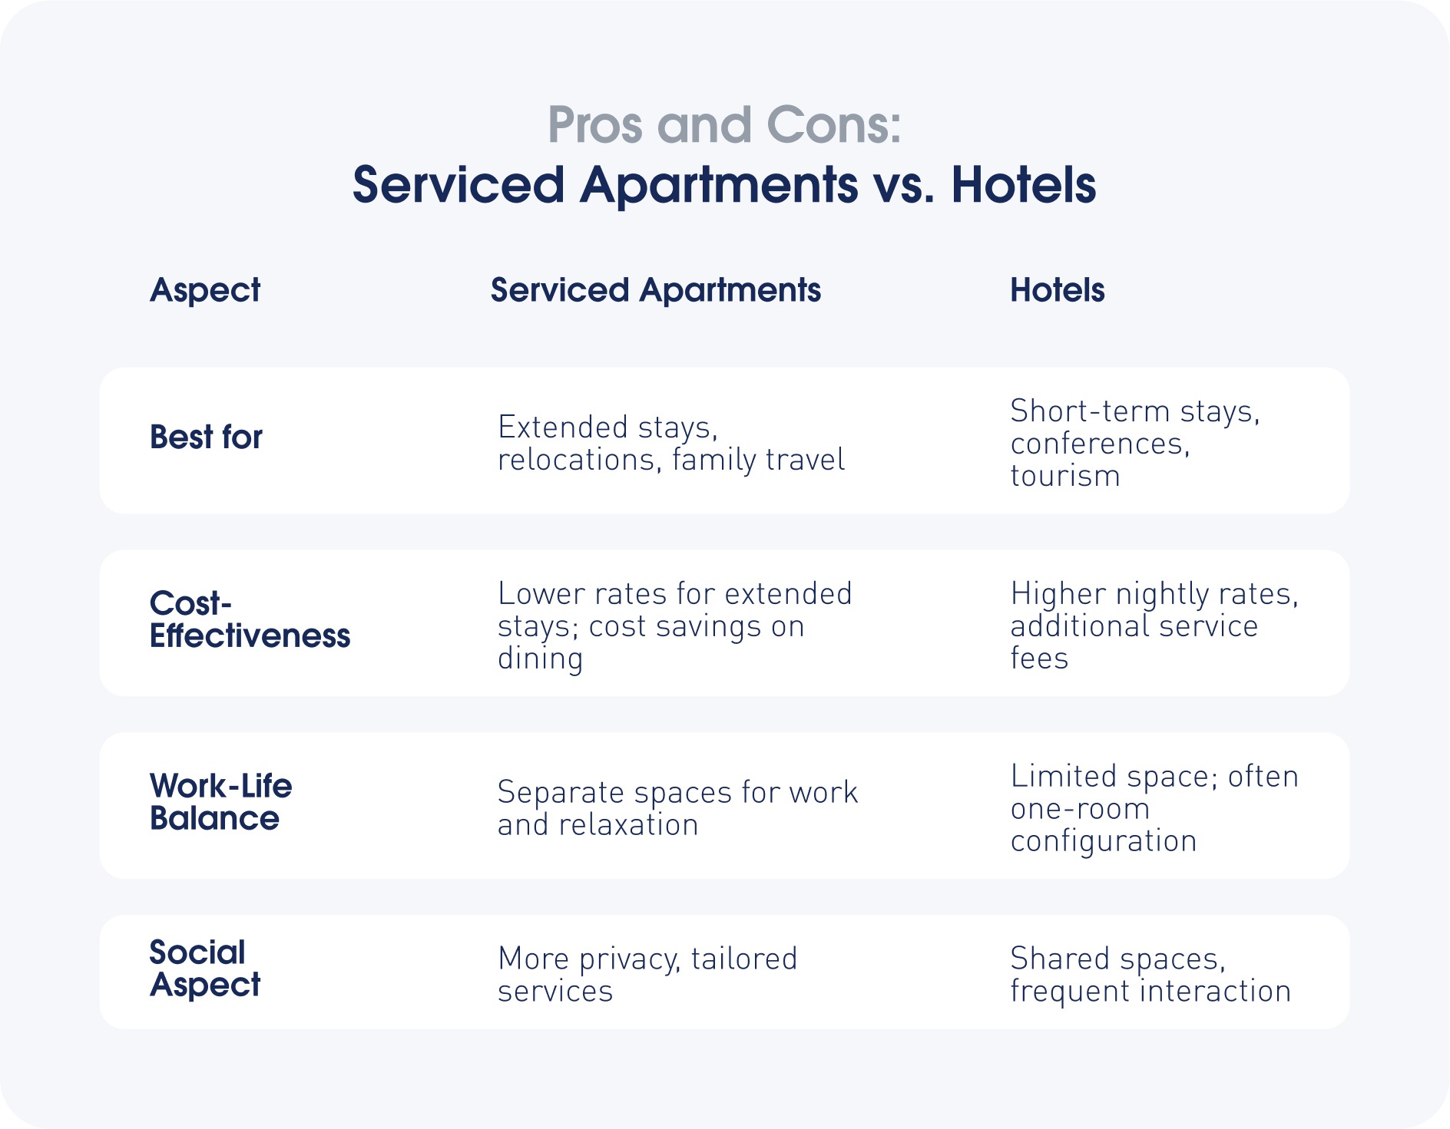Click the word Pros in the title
point(595,125)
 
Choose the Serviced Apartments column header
point(656,291)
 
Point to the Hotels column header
point(1058,290)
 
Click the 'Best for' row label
point(206,437)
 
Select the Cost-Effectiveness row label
point(250,620)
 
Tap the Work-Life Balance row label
point(221,802)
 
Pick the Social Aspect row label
point(205,969)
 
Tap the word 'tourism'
point(1065,477)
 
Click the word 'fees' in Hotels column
point(1039,659)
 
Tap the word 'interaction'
point(1215,992)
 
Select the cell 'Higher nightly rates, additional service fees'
point(1154,626)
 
